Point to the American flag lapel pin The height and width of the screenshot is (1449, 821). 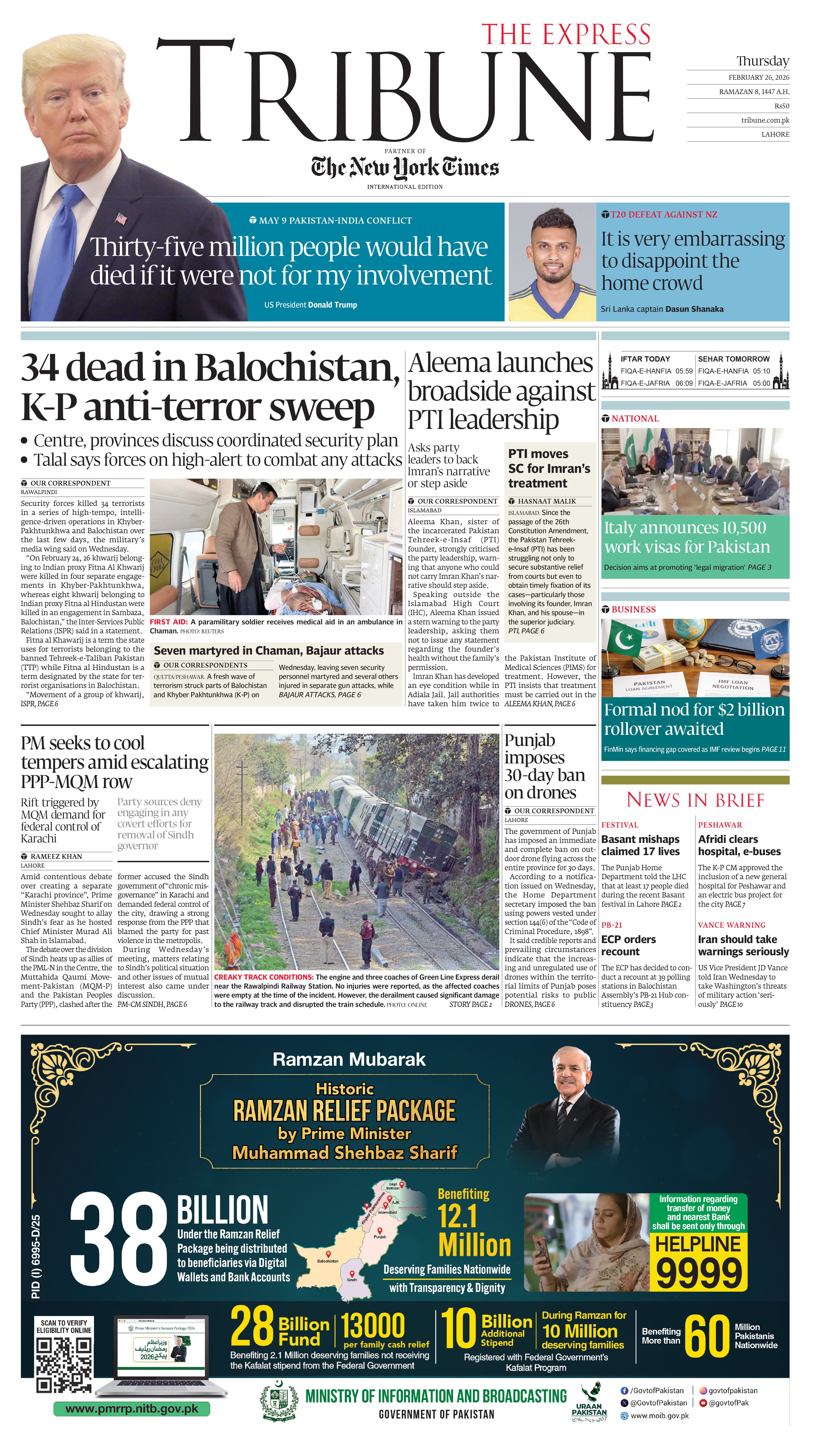tap(121, 218)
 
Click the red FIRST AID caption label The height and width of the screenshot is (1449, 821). tap(168, 622)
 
